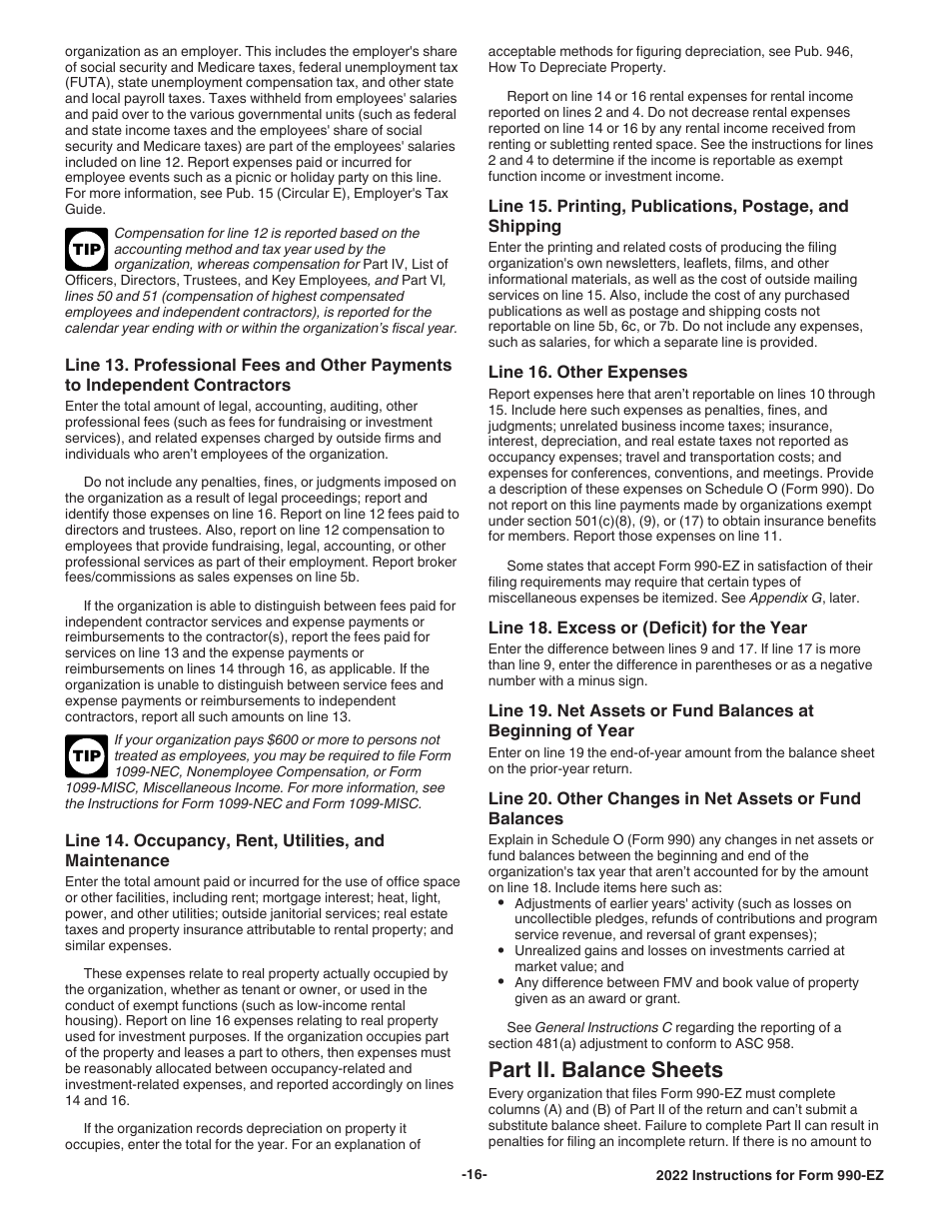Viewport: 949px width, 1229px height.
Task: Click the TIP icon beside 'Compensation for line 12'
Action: coord(87,250)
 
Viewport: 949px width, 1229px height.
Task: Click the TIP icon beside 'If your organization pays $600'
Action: coord(87,756)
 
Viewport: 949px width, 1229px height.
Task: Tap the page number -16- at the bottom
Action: coord(474,1175)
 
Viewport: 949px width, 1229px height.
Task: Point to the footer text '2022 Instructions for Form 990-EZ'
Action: coord(762,1176)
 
